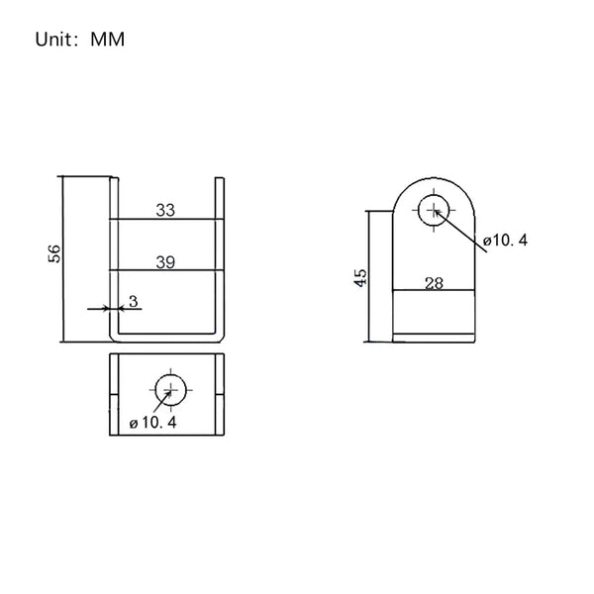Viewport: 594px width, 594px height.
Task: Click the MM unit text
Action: pos(108,40)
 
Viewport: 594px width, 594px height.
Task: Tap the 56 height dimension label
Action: pos(54,253)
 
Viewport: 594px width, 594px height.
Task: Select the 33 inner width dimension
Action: pos(165,210)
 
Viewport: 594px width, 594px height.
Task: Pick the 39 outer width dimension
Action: pos(165,262)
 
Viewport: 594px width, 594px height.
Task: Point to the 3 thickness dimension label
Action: pos(134,302)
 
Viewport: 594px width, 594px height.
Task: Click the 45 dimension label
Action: pos(360,278)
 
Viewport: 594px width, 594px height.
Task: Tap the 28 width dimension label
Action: pos(435,283)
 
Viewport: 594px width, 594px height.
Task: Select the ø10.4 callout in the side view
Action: pos(505,240)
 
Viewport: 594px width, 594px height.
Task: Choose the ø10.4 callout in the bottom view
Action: pos(153,423)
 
